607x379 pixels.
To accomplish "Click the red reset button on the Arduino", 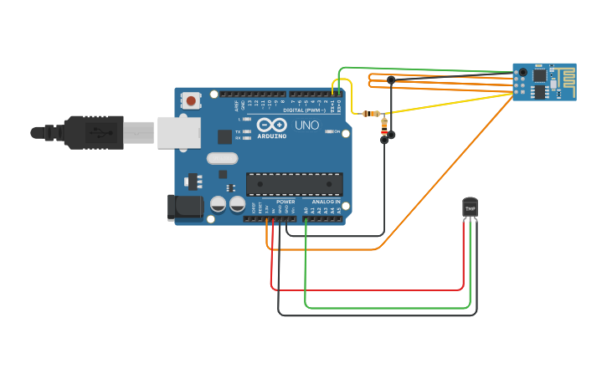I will tap(192, 101).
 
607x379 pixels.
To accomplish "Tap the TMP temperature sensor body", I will tap(470, 207).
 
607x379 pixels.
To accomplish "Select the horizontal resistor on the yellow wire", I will tap(371, 113).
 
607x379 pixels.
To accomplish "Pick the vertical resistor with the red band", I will tap(384, 127).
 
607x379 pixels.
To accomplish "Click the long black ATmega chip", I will tap(294, 184).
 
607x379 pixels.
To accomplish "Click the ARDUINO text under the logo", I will tap(272, 136).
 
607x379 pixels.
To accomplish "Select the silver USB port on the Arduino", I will tap(178, 132).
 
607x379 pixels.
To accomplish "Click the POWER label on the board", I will tap(285, 202).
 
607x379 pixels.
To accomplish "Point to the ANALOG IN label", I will tap(326, 202).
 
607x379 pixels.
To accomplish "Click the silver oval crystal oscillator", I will tap(222, 158).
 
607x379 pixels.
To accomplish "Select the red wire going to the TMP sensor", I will tap(368, 289).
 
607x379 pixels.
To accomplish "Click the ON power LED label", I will tap(337, 132).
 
